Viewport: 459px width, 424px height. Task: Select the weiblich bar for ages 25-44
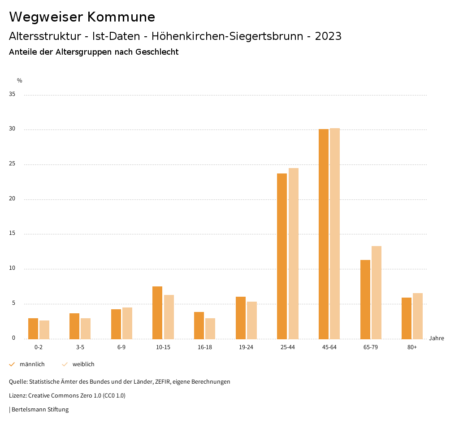294,253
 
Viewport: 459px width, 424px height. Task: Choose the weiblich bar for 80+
418,316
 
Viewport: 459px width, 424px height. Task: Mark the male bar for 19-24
241,318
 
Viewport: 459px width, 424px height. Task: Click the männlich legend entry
32,364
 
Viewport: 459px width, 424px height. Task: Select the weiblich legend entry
83,364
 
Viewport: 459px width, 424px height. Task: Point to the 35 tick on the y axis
12,95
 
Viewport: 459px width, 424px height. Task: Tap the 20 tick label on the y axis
12,199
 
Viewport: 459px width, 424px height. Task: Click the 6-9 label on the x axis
121,347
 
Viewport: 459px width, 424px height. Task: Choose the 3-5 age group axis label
80,347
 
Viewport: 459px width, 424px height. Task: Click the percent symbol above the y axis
20,81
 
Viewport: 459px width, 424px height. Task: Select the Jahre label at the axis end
437,338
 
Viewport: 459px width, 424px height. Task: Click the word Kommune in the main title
121,17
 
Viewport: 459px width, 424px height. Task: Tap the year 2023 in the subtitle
328,36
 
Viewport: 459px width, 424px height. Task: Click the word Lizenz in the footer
17,396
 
